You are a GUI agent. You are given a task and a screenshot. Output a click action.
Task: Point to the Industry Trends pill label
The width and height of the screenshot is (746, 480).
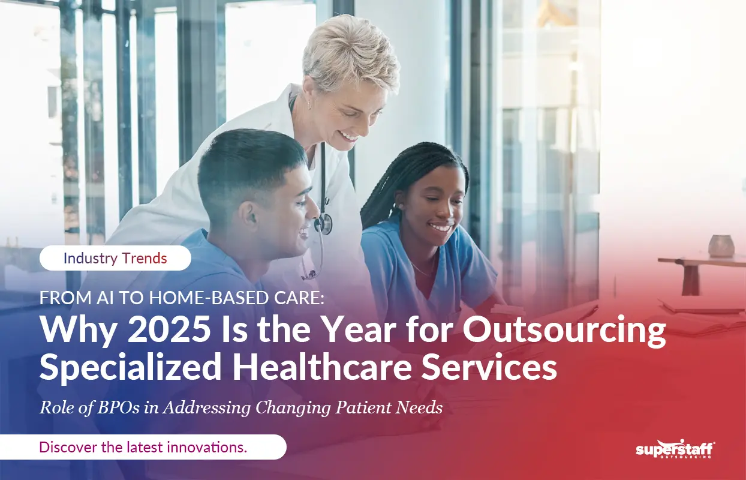pos(115,259)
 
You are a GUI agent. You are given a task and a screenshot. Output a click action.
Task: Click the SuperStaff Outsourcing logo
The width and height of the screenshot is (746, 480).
pos(675,449)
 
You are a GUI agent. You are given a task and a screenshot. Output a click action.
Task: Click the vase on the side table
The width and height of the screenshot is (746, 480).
pos(721,245)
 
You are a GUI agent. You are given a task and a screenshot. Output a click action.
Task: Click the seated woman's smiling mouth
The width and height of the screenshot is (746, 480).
pos(441,228)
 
